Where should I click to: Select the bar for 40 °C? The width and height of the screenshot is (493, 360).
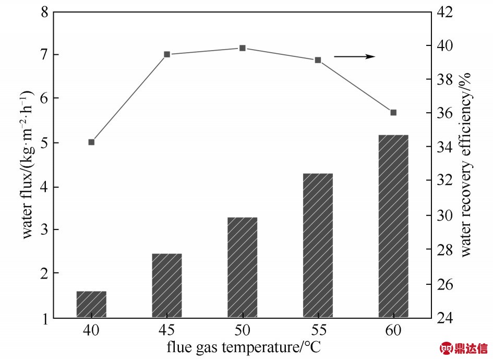(91, 304)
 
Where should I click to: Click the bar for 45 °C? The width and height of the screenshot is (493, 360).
(167, 285)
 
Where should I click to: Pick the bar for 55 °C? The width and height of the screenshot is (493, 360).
(318, 245)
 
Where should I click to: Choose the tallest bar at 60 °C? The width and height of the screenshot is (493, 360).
(393, 226)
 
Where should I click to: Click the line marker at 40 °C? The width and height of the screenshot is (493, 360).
(91, 142)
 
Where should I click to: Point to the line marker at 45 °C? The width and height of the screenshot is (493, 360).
(167, 54)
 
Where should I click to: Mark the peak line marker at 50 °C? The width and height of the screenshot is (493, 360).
(243, 48)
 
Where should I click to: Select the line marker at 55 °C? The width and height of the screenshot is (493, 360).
(318, 60)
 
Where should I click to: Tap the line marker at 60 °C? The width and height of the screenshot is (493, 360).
(393, 113)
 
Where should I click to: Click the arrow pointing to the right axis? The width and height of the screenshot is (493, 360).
(355, 56)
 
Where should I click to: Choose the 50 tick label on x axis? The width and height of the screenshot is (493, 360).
(243, 331)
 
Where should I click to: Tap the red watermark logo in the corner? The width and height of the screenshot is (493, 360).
(464, 348)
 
